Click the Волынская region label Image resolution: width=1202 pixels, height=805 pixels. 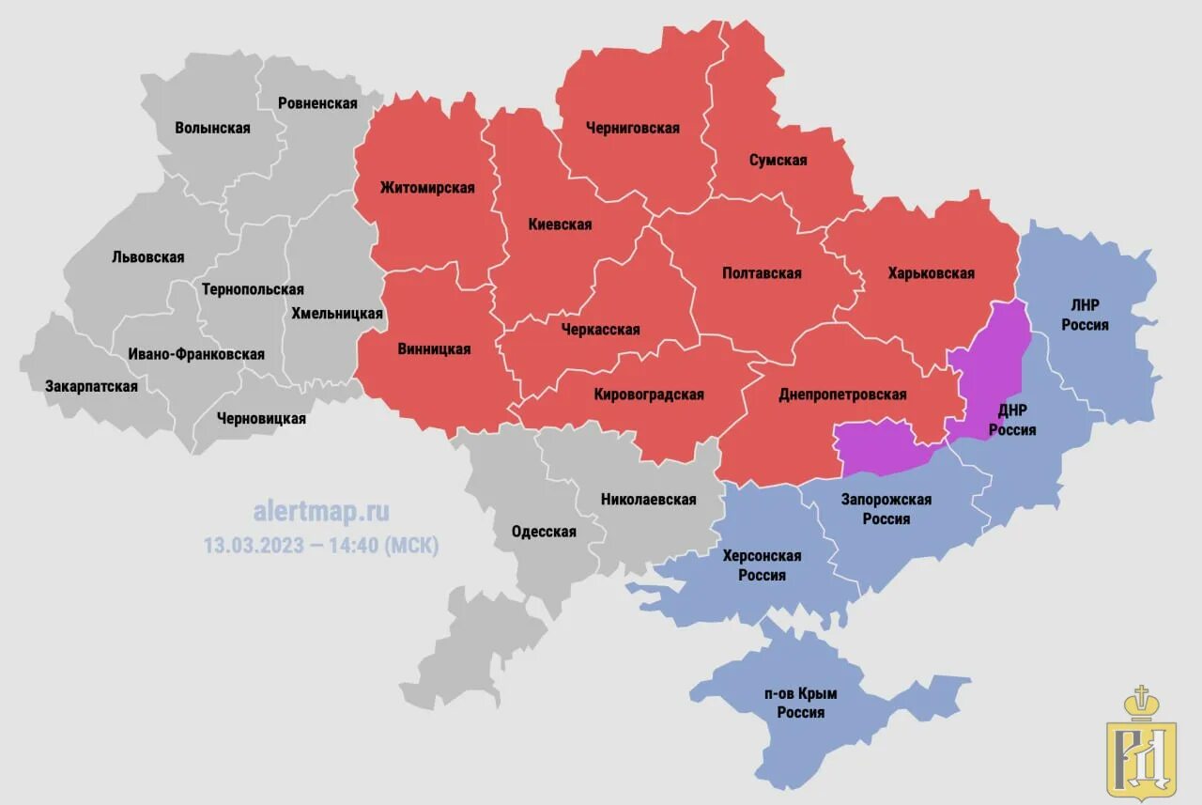212,128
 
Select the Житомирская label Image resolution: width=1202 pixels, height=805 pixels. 427,187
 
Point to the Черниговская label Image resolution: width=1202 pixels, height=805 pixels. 632,128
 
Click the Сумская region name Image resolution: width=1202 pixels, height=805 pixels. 778,160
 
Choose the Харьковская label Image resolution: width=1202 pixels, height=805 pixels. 931,273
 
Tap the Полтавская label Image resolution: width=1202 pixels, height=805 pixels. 762,273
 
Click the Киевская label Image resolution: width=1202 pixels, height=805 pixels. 560,224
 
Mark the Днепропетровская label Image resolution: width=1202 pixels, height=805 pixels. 842,395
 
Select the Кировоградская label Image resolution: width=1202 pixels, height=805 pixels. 649,395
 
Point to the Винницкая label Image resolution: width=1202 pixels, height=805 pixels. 434,349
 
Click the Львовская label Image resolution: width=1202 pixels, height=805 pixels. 147,256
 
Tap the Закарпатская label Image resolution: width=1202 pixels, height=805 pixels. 91,386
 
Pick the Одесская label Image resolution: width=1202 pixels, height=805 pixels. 544,532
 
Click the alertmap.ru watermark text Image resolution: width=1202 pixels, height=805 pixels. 321,512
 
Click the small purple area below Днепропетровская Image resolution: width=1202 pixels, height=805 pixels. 878,449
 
